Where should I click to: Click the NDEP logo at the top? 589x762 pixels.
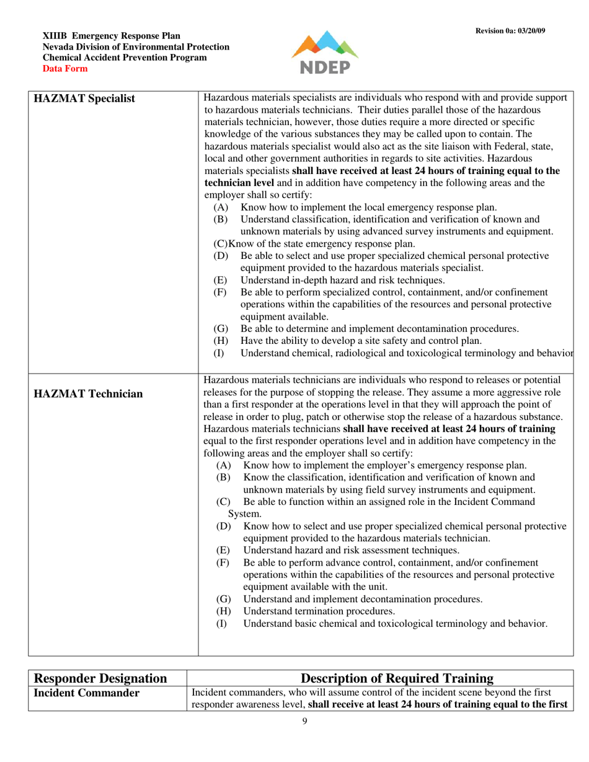(325, 53)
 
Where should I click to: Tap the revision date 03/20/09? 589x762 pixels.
(532, 31)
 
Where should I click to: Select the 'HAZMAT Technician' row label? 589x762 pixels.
(87, 393)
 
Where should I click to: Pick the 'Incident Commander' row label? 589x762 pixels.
(86, 693)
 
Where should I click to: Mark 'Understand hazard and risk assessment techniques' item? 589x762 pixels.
(351, 550)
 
